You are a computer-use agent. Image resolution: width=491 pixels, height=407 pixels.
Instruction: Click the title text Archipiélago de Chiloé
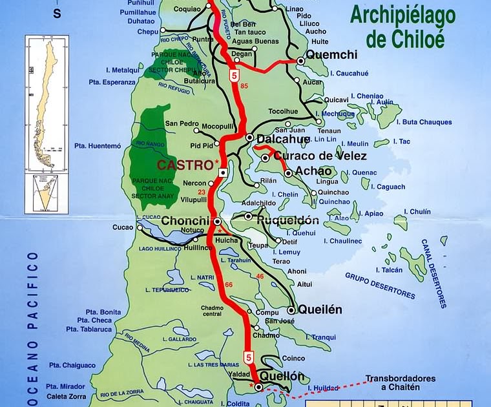tap(402, 27)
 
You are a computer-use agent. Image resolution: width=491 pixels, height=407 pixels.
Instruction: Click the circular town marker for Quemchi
tap(300, 61)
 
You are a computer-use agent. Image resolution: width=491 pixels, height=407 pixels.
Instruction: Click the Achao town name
tap(313, 172)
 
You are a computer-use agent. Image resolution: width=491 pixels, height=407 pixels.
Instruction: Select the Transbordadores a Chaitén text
tap(401, 382)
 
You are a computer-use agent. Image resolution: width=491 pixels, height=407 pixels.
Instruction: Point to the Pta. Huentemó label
tap(98, 146)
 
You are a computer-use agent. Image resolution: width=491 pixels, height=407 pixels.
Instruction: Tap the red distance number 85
tap(244, 86)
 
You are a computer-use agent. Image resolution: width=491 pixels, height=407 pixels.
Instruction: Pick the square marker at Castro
tap(222, 173)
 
